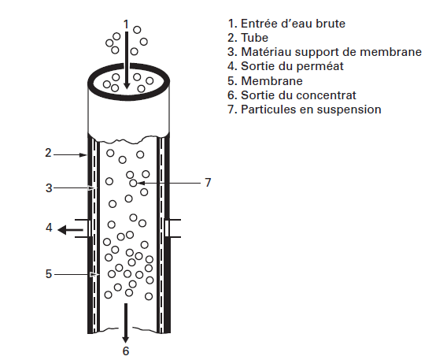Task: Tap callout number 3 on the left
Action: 48,188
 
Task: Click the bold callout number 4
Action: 48,228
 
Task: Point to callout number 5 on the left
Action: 48,274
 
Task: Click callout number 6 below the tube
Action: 124,350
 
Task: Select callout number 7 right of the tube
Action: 208,183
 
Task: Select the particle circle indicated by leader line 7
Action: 134,183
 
